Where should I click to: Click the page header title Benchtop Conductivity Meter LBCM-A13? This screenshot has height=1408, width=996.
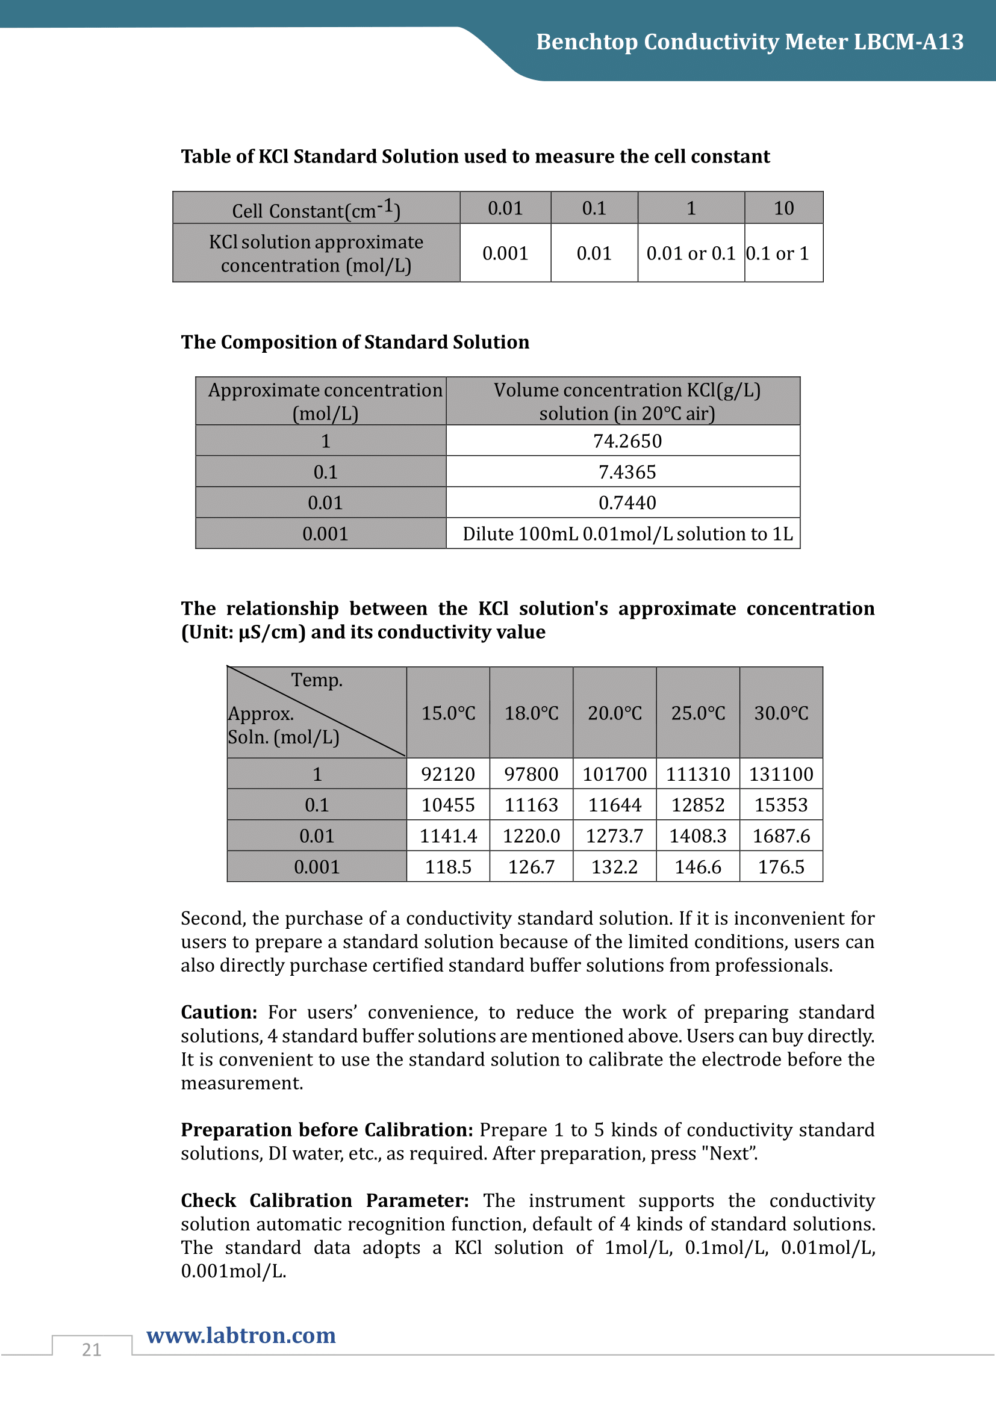coord(750,42)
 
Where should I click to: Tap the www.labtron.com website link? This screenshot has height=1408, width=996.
coord(241,1335)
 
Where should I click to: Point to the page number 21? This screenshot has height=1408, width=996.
coord(92,1349)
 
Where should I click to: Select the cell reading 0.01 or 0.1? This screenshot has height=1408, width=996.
coord(691,253)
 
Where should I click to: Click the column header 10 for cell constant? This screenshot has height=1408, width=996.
coord(783,208)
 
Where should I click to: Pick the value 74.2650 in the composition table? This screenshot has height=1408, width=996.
coord(627,441)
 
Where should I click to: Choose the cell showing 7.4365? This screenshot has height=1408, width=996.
coord(627,471)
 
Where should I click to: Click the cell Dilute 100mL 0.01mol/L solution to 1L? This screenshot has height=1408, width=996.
coord(627,533)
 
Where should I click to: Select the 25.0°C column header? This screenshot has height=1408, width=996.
coord(697,713)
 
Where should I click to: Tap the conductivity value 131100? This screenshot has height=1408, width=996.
coord(781,774)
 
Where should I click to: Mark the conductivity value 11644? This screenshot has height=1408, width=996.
coord(615,805)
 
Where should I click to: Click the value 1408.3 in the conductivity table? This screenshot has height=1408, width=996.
coord(697,836)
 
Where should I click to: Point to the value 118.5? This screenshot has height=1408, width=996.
coord(449,866)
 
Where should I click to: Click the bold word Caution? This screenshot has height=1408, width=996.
coord(219,1012)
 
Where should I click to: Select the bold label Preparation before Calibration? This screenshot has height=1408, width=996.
coord(327,1129)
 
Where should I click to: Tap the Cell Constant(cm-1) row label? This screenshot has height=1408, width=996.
coord(316,209)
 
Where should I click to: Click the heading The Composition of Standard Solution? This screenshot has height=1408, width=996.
coord(355,342)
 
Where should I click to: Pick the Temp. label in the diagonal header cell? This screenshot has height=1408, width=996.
coord(317,680)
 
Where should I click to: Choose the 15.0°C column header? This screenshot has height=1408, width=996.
coord(449,713)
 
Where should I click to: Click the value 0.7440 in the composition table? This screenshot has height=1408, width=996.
coord(627,503)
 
